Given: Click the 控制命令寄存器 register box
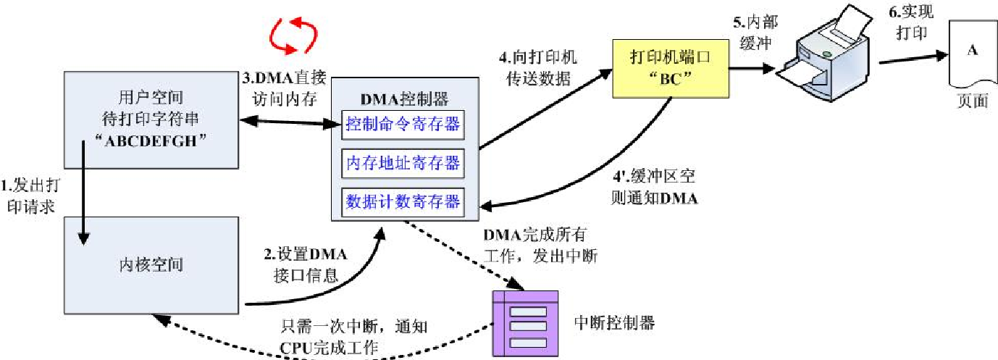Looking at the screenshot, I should pos(403,125).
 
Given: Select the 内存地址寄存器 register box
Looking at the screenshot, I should pos(403,162).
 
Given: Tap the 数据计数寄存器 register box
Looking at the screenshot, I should pos(403,200).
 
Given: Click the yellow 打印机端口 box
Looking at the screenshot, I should pos(669,69).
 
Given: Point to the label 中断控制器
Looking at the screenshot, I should pos(613,322).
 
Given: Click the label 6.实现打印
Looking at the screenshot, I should pos(911,24).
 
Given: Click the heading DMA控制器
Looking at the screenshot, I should pos(403,98).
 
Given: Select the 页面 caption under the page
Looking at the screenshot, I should pos(972,101).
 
